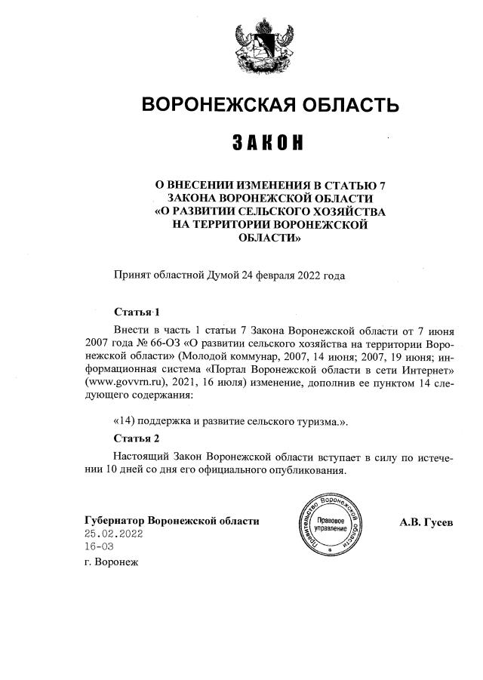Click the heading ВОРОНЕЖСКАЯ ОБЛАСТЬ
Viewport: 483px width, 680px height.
coord(270,104)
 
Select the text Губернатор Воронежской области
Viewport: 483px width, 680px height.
coord(172,522)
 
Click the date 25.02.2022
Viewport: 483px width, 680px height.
coord(113,534)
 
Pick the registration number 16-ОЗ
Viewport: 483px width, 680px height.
coord(100,547)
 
